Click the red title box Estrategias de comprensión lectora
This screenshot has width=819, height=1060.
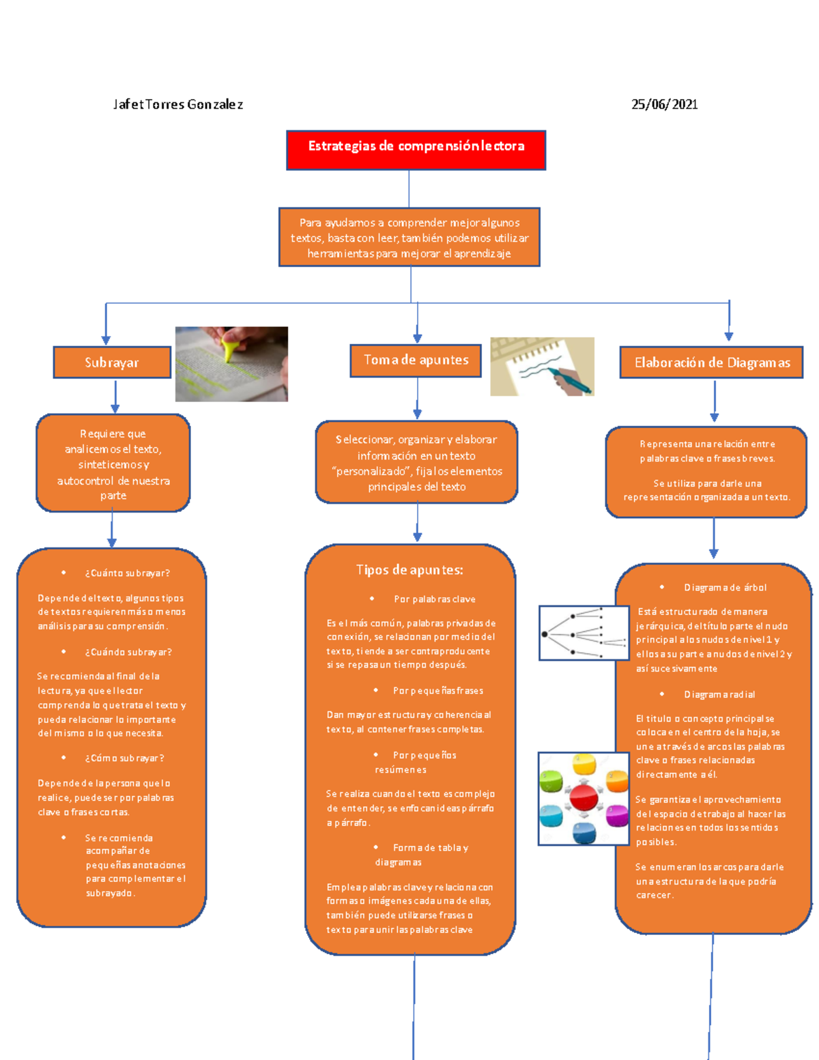pos(416,149)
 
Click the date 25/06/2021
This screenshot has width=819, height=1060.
pos(664,104)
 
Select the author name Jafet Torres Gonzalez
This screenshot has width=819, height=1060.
pos(177,104)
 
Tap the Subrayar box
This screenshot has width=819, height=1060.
pos(112,362)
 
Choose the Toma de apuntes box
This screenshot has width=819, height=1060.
pos(416,360)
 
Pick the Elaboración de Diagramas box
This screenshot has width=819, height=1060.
pos(711,362)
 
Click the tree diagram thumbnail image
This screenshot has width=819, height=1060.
pos(584,633)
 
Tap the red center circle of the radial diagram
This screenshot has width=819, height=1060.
pos(584,797)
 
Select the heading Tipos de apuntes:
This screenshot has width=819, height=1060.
pos(409,570)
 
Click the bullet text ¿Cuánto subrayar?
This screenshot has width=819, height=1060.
pos(127,573)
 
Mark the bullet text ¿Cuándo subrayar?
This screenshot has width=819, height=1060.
pos(128,652)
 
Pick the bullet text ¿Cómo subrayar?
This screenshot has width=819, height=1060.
pos(124,758)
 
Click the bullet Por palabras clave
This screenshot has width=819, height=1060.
pos(434,599)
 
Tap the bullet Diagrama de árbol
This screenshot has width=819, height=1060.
pos(725,588)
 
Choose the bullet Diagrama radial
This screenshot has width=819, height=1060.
pos(719,695)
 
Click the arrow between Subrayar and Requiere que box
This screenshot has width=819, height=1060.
pos(115,397)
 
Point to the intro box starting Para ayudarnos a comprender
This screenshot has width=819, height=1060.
pos(409,238)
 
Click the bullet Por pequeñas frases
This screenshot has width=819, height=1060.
pos(437,691)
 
